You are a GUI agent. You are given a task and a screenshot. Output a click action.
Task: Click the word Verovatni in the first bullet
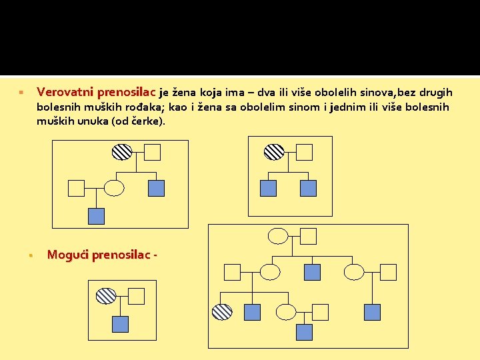tap(65, 92)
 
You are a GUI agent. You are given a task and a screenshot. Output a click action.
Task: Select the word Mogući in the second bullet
tap(68, 255)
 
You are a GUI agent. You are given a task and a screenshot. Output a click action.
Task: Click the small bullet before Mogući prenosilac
tap(31, 255)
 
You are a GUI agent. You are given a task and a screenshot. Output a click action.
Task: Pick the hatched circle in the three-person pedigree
tap(106, 296)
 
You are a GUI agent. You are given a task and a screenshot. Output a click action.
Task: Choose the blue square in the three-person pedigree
tap(120, 324)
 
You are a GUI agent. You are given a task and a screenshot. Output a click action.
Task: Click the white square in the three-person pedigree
tap(136, 296)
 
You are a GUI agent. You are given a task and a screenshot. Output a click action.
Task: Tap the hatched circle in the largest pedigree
tap(222, 311)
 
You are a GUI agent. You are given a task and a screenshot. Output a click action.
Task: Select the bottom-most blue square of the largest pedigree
tap(304, 332)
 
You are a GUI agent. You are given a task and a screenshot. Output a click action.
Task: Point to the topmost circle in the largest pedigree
tap(278, 235)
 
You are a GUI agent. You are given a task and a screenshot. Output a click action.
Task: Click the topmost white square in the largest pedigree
tap(308, 235)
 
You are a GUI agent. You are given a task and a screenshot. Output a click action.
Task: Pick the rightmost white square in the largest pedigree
tap(388, 272)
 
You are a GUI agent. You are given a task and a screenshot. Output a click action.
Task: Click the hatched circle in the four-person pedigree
tap(274, 153)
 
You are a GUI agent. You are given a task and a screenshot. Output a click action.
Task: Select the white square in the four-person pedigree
tap(304, 153)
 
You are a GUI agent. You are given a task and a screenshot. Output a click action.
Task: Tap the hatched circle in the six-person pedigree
tap(122, 153)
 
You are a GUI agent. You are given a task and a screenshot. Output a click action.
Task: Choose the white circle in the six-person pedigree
tap(115, 189)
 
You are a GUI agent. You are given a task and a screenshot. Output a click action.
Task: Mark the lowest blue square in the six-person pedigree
tap(97, 216)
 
